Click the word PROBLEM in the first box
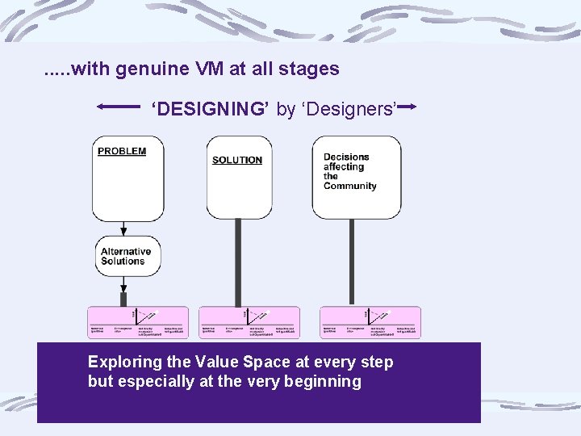(x=122, y=151)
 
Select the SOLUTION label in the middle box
(x=237, y=160)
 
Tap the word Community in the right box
(x=350, y=186)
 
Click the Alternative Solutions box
(x=127, y=257)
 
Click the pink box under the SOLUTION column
(x=249, y=322)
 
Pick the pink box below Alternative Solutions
(x=138, y=322)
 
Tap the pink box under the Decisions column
(x=370, y=322)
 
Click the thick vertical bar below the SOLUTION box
(x=238, y=262)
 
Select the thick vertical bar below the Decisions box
(x=352, y=262)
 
